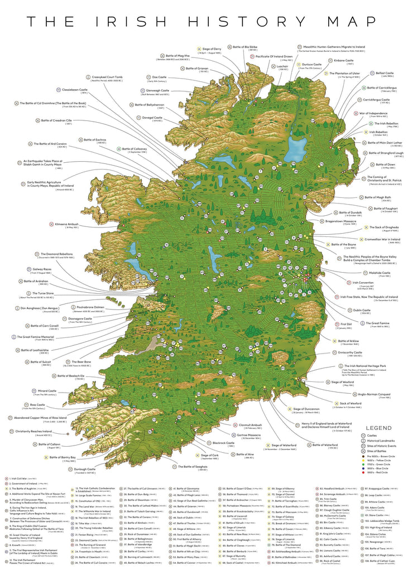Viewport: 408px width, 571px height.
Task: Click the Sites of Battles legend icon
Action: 366,451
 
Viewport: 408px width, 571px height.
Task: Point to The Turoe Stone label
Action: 42,293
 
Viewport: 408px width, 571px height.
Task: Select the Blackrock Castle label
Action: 223,443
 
